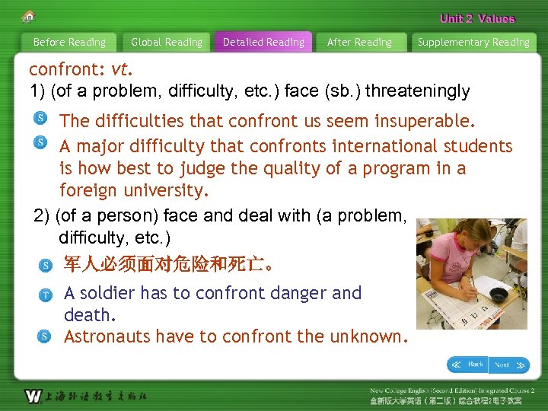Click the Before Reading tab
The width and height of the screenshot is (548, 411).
[x=69, y=43]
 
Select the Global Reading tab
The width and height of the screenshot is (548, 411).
[x=167, y=43]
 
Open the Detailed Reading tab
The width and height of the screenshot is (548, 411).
[x=263, y=43]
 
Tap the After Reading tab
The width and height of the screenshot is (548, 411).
[x=359, y=43]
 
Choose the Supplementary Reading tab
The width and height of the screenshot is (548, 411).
[x=473, y=43]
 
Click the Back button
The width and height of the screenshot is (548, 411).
[x=467, y=365]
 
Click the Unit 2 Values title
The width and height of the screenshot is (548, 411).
[x=477, y=19]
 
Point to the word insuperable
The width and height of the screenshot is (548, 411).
[x=431, y=121]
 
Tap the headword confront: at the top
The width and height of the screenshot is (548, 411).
[x=66, y=70]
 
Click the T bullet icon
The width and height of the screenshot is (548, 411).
[x=46, y=295]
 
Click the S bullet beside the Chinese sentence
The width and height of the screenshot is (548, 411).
[x=46, y=266]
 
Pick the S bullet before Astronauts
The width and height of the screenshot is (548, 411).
[x=46, y=336]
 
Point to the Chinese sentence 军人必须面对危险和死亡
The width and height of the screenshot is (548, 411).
[x=168, y=266]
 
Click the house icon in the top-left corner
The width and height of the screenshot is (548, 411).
[x=28, y=16]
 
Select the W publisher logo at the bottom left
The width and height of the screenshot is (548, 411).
[x=33, y=396]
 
